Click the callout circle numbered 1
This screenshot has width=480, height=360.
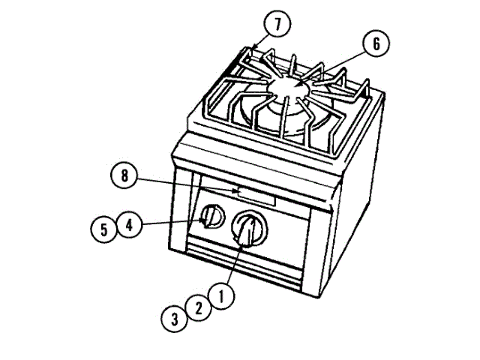[221, 295]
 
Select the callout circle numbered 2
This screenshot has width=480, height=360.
[198, 307]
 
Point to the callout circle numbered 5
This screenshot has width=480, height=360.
[105, 228]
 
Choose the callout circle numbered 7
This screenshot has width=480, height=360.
[277, 24]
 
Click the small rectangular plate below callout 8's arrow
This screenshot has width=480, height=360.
[256, 197]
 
